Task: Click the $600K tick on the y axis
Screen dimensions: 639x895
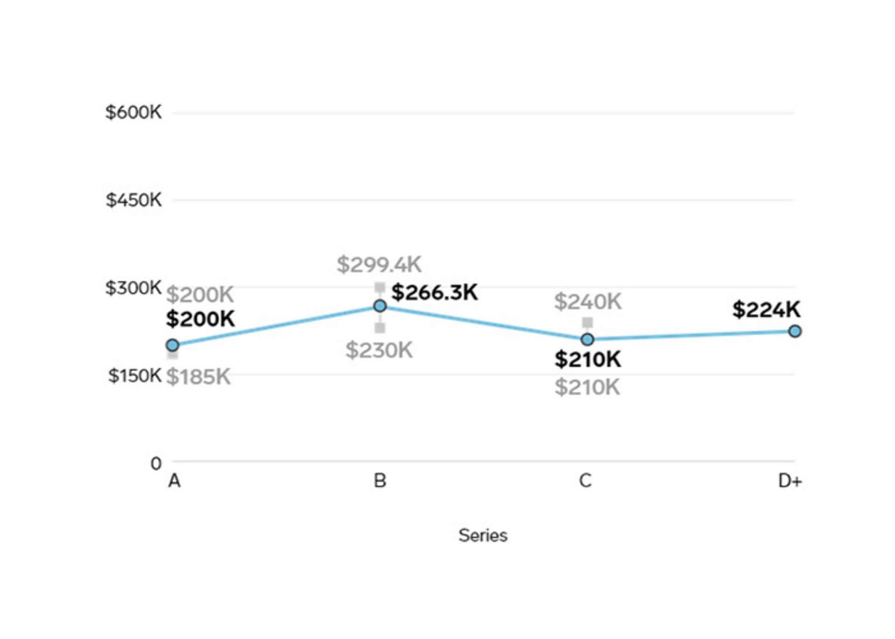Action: pyautogui.click(x=133, y=112)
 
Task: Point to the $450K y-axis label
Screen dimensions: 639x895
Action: pyautogui.click(x=133, y=200)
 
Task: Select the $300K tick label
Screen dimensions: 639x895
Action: pyautogui.click(x=133, y=288)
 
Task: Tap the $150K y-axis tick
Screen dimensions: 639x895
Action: pyautogui.click(x=135, y=375)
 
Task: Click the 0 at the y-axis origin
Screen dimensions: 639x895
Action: pyautogui.click(x=156, y=463)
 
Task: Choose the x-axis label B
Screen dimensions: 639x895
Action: pyautogui.click(x=380, y=481)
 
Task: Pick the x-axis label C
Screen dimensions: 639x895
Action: pyautogui.click(x=585, y=481)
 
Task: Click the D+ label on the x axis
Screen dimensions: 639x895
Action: pyautogui.click(x=790, y=481)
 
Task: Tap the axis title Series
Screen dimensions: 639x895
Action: pyautogui.click(x=483, y=536)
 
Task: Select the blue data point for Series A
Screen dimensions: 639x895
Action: pyautogui.click(x=172, y=345)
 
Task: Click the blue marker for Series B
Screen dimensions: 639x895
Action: pyautogui.click(x=380, y=306)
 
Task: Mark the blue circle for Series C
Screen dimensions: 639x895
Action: pyautogui.click(x=588, y=339)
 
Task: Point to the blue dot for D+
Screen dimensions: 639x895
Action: pyautogui.click(x=795, y=331)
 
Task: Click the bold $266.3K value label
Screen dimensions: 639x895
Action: pyautogui.click(x=434, y=293)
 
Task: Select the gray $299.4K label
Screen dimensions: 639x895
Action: pyautogui.click(x=379, y=265)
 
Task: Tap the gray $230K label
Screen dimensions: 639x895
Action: pyautogui.click(x=379, y=350)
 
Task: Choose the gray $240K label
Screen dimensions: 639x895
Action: pyautogui.click(x=588, y=302)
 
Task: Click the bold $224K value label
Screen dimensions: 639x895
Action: pyautogui.click(x=766, y=309)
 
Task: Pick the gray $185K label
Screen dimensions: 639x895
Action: pyautogui.click(x=199, y=377)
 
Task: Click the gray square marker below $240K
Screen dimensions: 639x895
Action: pyautogui.click(x=588, y=322)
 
